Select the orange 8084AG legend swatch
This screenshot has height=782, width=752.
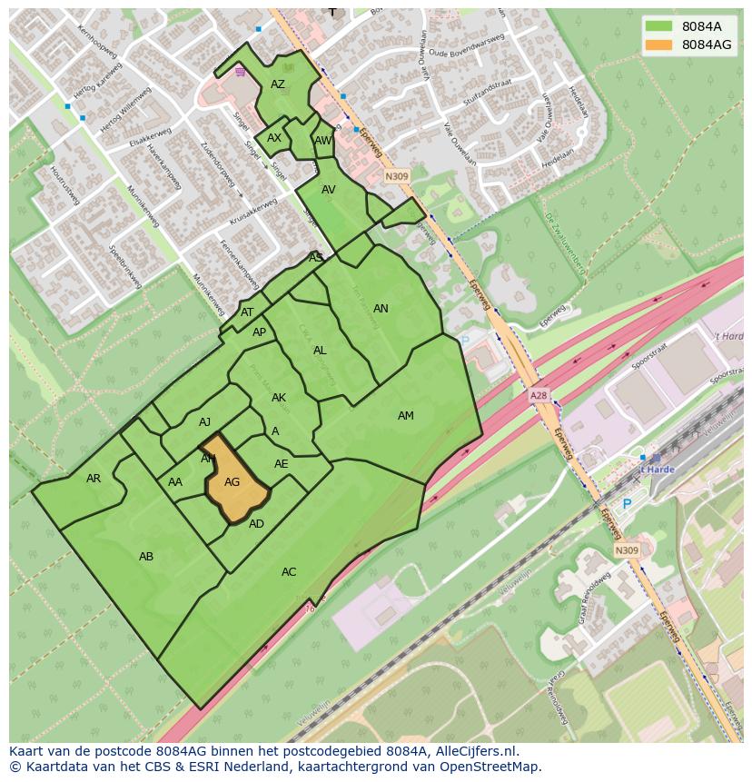coord(658,45)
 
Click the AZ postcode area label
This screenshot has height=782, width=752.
coord(278,84)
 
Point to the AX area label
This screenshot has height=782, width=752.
coord(273,139)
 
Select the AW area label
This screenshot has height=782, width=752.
coord(322,141)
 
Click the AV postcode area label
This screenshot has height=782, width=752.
coord(329,190)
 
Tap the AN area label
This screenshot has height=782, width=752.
coord(381,309)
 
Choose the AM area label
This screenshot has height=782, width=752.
coord(405,416)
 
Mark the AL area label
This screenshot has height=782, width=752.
coord(320,351)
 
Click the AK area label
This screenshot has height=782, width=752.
coord(279,398)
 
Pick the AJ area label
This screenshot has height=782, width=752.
coord(204,422)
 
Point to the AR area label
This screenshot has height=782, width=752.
coord(94,479)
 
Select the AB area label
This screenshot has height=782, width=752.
coord(146,557)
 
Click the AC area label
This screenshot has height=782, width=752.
coord(289,572)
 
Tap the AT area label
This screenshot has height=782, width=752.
coord(247,312)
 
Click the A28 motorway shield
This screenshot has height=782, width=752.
coord(539,397)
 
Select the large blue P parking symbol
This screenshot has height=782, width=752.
coord(626,504)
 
